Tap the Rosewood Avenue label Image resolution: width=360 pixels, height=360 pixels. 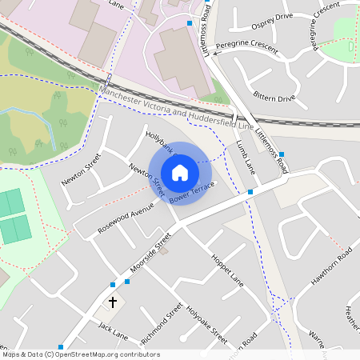[126, 213]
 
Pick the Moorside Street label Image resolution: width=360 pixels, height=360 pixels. [151, 253]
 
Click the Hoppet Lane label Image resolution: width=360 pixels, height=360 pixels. [227, 270]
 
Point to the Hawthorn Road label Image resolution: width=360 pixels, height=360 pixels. [331, 268]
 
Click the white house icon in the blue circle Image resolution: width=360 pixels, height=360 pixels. [179, 172]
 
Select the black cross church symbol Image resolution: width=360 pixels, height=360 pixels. [113, 302]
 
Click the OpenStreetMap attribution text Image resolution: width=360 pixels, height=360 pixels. [80, 354]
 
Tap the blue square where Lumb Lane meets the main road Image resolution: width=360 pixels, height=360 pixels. [250, 192]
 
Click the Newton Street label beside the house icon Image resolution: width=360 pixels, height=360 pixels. [146, 178]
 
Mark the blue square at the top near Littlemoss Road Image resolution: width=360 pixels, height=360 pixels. [189, 23]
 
